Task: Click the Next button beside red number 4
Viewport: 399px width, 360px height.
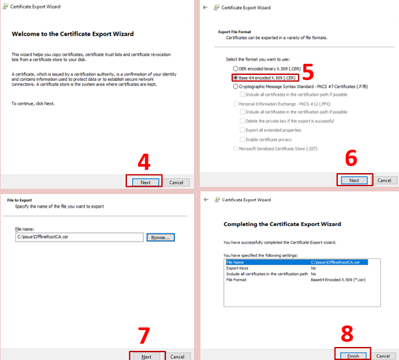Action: [x=145, y=182]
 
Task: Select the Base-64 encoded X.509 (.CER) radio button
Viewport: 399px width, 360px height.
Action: [x=236, y=77]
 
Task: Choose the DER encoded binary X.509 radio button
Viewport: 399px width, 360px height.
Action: [x=236, y=68]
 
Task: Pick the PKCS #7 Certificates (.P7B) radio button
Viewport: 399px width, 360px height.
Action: [x=236, y=86]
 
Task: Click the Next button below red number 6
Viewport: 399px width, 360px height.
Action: [x=354, y=180]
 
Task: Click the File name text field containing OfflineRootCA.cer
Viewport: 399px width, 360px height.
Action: [x=79, y=238]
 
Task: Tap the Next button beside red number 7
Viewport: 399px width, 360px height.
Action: [x=146, y=356]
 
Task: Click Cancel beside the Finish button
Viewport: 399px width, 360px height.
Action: [x=384, y=356]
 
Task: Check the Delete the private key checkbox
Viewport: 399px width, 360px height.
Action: [x=243, y=121]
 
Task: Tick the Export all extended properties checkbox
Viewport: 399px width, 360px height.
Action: [x=243, y=130]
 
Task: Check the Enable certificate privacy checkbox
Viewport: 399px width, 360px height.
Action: [x=243, y=139]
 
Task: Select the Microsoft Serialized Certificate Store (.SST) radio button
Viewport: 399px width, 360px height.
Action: [x=236, y=148]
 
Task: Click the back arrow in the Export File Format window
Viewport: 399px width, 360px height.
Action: [x=206, y=7]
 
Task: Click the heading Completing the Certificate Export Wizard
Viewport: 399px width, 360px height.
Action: [x=282, y=224]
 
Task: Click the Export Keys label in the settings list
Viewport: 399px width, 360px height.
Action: [x=238, y=268]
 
